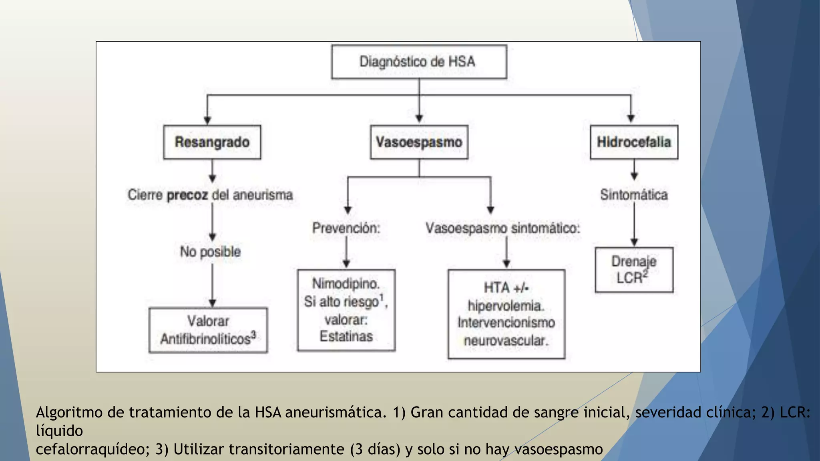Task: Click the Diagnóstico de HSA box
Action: [x=419, y=62]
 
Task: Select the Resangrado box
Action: [x=212, y=142]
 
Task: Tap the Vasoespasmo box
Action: [x=419, y=142]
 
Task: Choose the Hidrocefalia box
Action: [x=634, y=142]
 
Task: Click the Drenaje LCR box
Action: [x=634, y=270]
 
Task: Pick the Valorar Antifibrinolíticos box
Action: [x=208, y=330]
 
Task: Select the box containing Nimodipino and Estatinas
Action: [x=346, y=310]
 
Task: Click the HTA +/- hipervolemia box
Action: [x=506, y=314]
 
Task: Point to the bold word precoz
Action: [x=187, y=195]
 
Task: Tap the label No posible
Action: [x=210, y=252]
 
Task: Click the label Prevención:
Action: [x=346, y=228]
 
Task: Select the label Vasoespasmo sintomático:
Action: [x=502, y=228]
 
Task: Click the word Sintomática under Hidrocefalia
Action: [x=634, y=195]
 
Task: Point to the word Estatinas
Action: [x=346, y=336]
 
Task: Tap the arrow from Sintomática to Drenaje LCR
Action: [x=634, y=224]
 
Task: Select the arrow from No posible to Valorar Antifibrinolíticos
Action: [x=212, y=284]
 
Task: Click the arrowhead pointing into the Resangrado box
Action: [x=207, y=120]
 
